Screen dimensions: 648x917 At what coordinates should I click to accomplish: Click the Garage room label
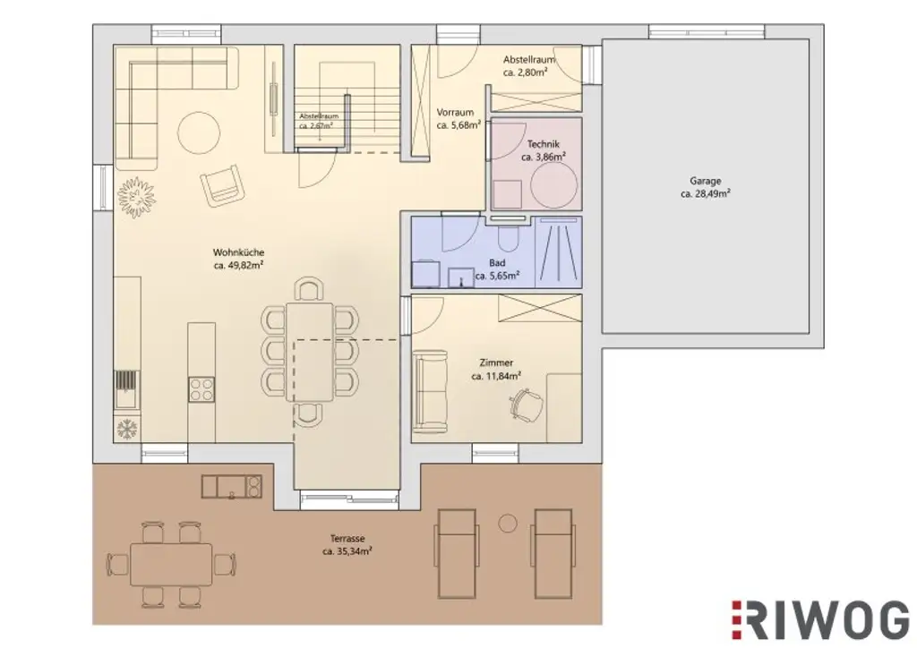coord(705,179)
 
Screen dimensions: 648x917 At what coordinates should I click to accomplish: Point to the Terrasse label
coord(347,539)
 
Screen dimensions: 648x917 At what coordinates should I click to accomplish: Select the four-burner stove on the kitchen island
coord(201,388)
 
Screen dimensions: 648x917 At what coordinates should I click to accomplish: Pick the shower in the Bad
coord(558,252)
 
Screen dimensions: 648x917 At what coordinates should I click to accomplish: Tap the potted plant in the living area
coord(136,192)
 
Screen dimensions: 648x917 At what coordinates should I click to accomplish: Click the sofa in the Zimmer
coord(431,391)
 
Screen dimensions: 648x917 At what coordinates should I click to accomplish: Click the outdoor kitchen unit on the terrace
coord(232,486)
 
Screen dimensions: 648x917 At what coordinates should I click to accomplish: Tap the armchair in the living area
coord(222,185)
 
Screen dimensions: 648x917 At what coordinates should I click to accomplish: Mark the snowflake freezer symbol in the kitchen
coord(125,429)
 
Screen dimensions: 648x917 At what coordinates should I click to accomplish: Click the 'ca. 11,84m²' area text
coord(496,376)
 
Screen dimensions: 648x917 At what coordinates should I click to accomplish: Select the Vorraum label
coord(455,113)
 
